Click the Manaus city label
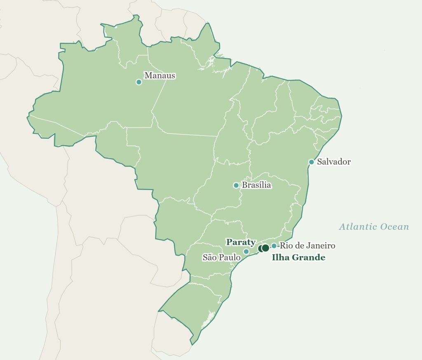tap(159, 76)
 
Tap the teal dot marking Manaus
tap(139, 82)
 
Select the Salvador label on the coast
tap(334, 161)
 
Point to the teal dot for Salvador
tap(312, 162)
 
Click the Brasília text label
tap(256, 185)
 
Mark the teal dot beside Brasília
tap(236, 185)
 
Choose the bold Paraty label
tap(241, 242)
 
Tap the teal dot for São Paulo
tap(246, 251)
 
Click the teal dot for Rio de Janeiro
tap(274, 246)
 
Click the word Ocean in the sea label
tap(394, 227)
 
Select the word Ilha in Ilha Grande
tap(280, 258)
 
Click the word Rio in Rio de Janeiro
tap(286, 246)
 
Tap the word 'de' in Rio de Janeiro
tap(298, 246)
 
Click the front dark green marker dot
tap(265, 248)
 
